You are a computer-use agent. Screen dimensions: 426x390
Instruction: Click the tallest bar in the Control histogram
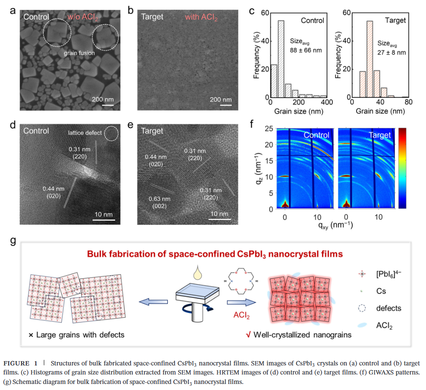tap(281, 59)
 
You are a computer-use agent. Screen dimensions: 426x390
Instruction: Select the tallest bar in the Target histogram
tap(370, 59)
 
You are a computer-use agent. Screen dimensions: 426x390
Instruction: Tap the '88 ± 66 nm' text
tap(306, 50)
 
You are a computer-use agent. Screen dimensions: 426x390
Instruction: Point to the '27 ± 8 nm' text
tap(392, 53)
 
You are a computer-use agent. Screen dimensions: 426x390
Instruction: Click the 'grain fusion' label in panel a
tap(79, 53)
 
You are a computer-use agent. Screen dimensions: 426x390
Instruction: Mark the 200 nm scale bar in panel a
tap(108, 105)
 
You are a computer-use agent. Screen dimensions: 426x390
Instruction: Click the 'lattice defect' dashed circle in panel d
tap(111, 133)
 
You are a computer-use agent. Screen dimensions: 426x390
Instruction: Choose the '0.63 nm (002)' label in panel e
tap(160, 203)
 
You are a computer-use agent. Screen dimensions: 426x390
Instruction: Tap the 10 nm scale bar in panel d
tap(104, 220)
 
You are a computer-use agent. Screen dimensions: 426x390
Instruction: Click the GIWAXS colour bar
tap(402, 168)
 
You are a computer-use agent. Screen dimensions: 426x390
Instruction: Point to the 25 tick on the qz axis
tap(269, 129)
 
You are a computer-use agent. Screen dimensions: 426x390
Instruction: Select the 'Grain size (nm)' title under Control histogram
tap(298, 111)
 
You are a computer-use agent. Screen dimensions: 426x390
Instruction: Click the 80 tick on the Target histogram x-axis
tap(408, 102)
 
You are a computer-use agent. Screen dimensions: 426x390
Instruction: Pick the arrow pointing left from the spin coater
tap(153, 302)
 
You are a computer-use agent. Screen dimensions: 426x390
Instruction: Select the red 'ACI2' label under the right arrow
tap(241, 315)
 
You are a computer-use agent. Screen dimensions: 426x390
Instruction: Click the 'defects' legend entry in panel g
tap(388, 308)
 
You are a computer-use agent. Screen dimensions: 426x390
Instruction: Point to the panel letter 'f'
tap(251, 124)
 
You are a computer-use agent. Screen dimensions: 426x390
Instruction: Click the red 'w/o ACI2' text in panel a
tap(83, 17)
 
